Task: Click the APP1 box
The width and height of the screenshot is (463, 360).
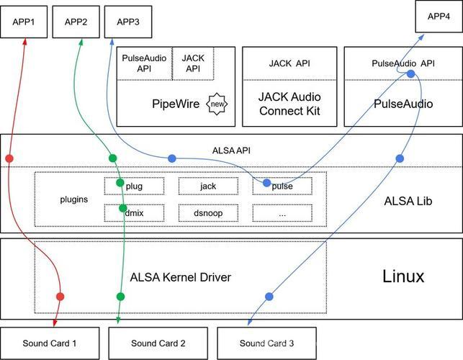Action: (x=24, y=22)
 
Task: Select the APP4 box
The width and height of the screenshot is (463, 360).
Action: (x=439, y=17)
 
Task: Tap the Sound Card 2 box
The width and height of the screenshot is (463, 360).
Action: (x=158, y=343)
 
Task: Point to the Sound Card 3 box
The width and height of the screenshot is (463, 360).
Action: (x=266, y=343)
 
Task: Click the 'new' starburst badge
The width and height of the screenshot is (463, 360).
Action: (x=217, y=104)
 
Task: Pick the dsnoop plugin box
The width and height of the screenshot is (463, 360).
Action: (x=208, y=212)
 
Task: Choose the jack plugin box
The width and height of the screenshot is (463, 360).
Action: (x=208, y=186)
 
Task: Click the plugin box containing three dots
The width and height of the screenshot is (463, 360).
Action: (x=282, y=212)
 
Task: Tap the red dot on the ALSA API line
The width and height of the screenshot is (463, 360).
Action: (x=9, y=158)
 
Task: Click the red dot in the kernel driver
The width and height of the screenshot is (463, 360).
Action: (x=60, y=297)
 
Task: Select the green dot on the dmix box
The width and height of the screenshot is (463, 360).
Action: (x=123, y=208)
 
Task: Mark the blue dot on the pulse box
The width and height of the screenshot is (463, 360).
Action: (x=266, y=183)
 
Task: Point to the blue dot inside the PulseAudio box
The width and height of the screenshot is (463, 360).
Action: (x=410, y=74)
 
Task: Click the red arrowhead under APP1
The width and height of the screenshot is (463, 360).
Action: (x=25, y=41)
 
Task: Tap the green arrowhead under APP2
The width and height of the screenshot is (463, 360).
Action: (x=81, y=42)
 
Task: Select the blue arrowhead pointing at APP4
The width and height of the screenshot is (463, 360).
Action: (x=421, y=37)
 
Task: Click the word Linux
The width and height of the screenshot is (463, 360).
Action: (x=403, y=276)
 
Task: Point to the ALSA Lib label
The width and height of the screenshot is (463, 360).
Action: (x=408, y=201)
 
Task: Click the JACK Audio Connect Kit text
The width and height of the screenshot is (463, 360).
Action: (x=289, y=104)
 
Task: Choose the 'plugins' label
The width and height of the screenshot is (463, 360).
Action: (x=74, y=199)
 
